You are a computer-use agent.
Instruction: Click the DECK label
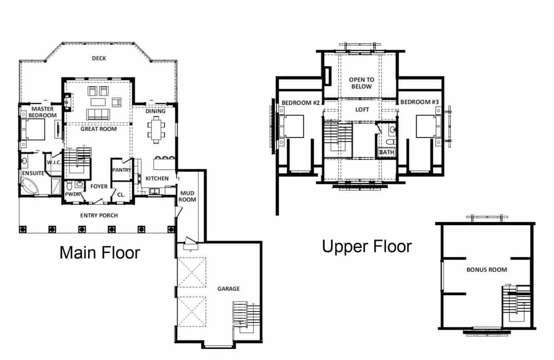99,58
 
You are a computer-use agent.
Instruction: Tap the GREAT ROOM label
98,129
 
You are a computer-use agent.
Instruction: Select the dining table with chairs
156,130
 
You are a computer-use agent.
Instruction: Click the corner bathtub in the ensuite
31,186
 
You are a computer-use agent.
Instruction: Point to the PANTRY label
122,170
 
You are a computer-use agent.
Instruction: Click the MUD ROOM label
187,196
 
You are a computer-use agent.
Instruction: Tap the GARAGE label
229,289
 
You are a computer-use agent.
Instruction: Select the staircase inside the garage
246,317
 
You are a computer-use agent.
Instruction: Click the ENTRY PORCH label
99,215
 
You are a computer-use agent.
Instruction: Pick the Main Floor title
100,253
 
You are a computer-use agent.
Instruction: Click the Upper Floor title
367,246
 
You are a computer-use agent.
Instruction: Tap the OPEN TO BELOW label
362,83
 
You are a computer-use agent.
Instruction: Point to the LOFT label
362,110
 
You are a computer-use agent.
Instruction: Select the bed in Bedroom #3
428,126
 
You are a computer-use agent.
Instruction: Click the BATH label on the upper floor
387,152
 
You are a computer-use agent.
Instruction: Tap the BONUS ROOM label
487,270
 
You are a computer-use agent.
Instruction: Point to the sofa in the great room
98,114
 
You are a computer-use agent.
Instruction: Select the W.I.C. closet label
54,163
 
